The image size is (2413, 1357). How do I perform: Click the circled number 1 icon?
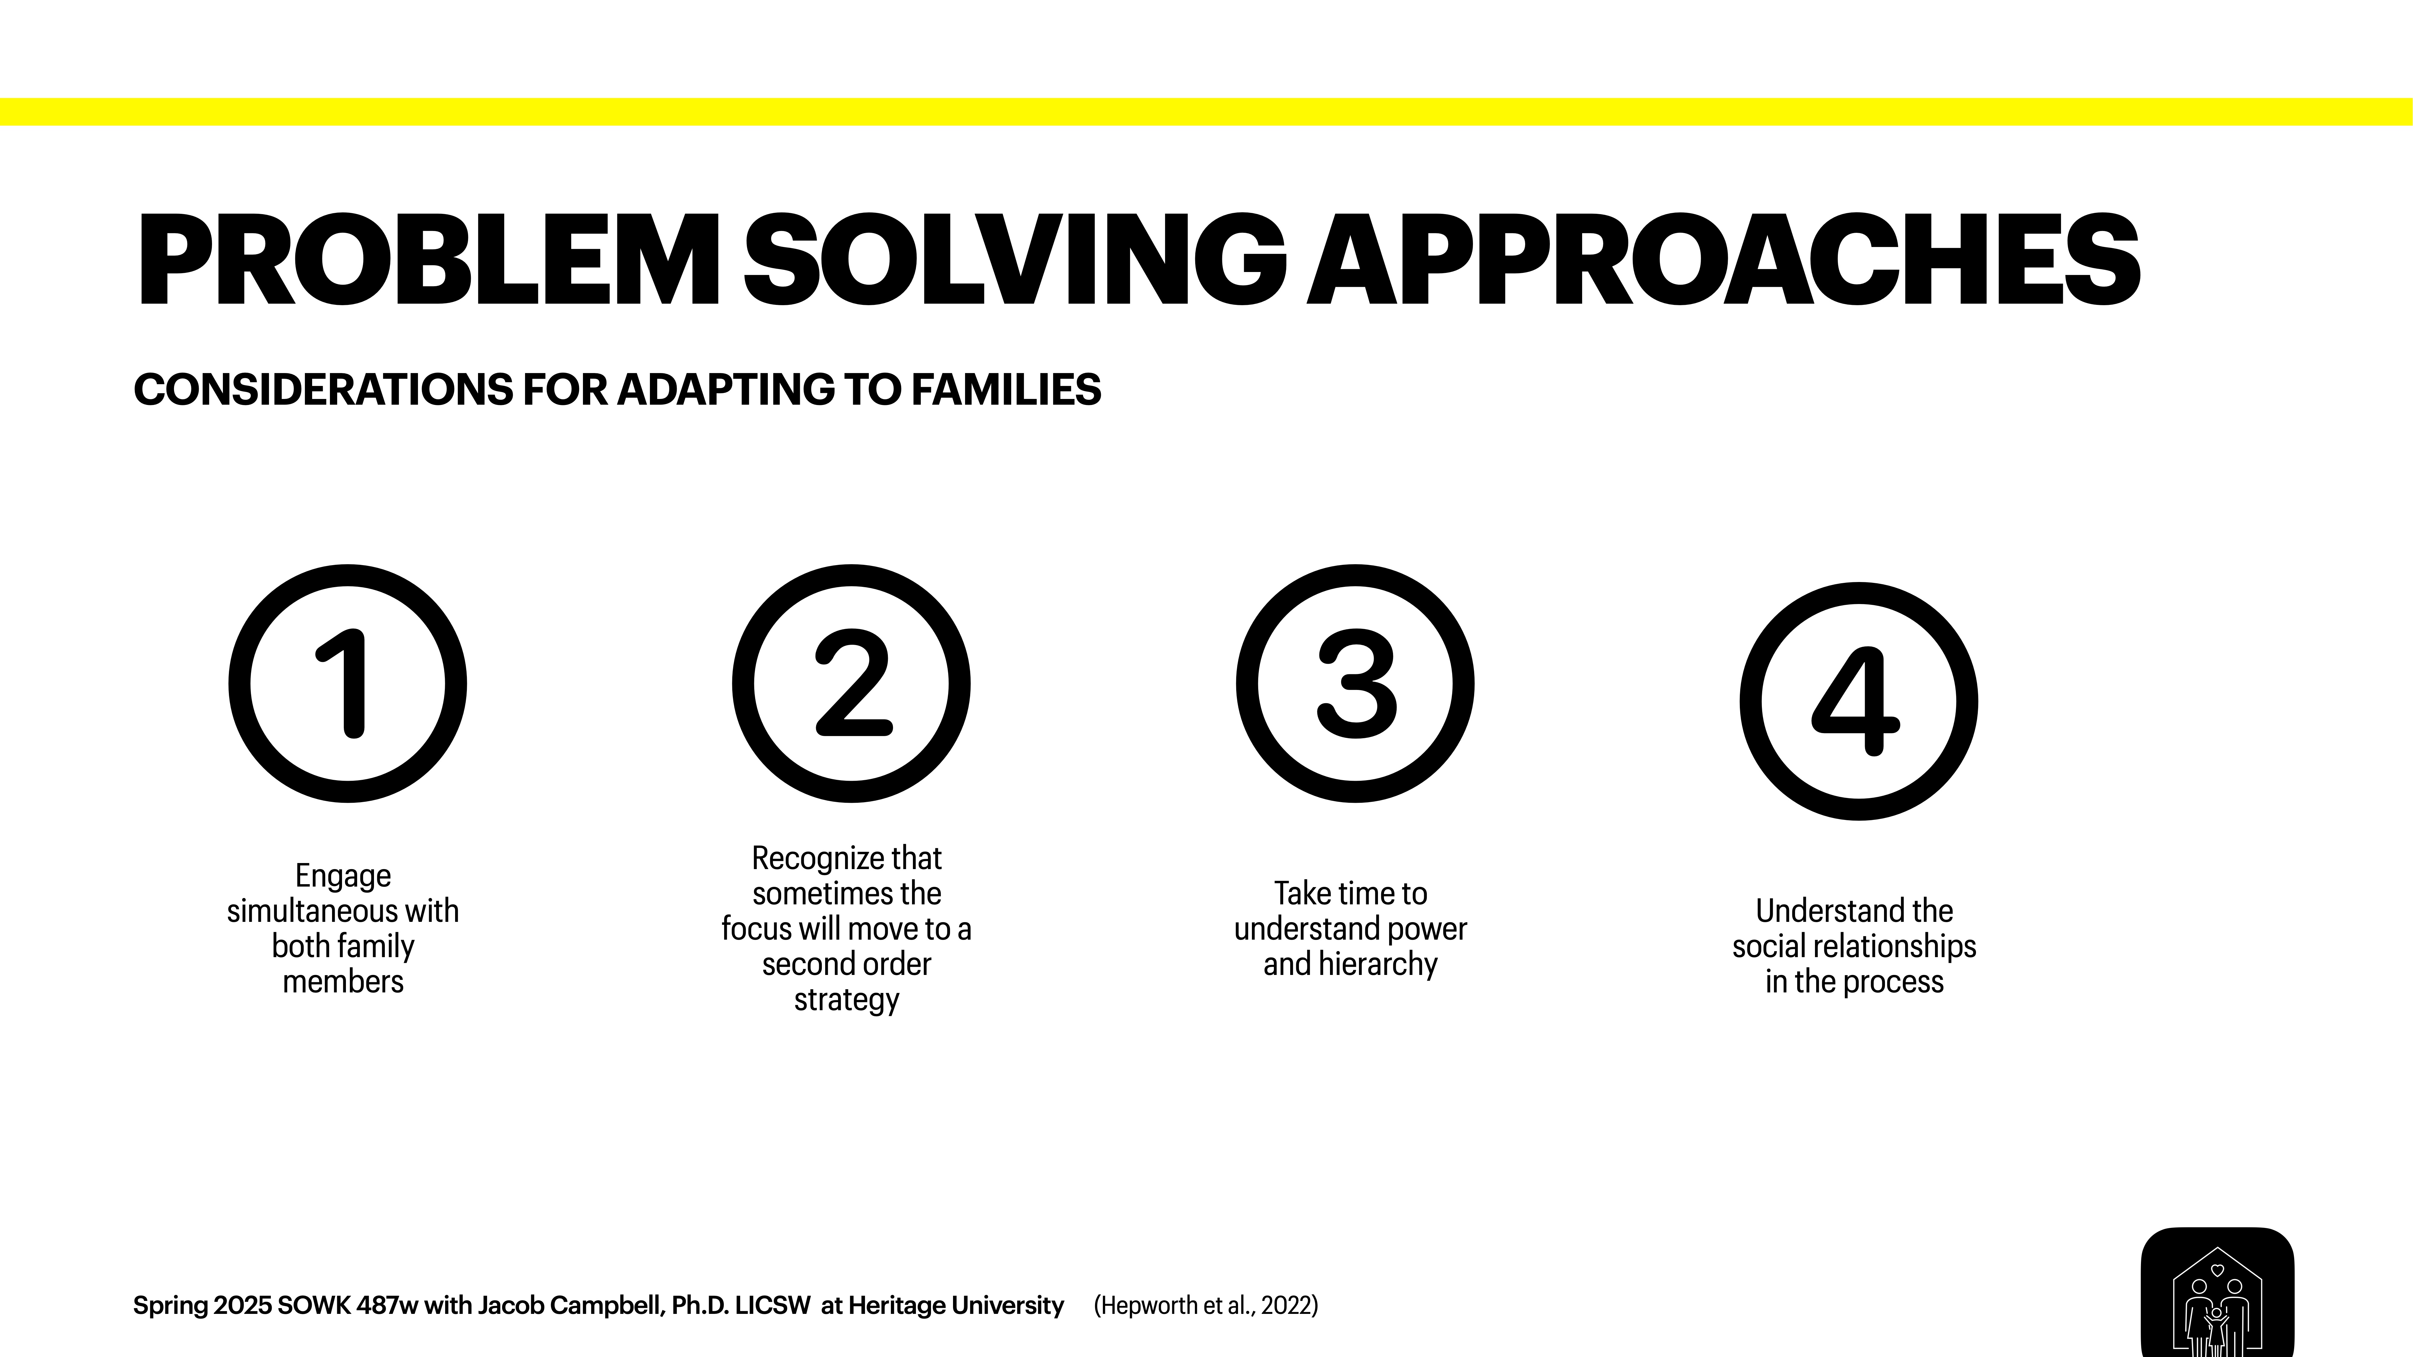[347, 684]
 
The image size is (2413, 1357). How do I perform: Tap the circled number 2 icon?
[850, 684]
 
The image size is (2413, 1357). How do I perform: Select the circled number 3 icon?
[1354, 684]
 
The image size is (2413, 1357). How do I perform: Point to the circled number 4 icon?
[1858, 701]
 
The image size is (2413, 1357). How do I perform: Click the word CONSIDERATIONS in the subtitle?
[323, 390]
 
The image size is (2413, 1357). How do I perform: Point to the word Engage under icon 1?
[343, 876]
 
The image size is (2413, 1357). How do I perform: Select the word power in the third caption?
[1428, 929]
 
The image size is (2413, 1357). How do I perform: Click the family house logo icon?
[2216, 1297]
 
